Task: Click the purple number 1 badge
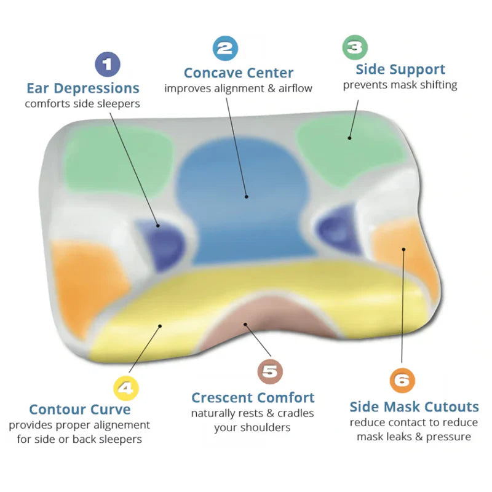click(x=108, y=65)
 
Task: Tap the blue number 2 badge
click(x=225, y=49)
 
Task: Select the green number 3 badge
click(x=355, y=47)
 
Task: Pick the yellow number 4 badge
click(x=126, y=389)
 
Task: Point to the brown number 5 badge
click(x=270, y=371)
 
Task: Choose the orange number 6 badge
click(x=402, y=380)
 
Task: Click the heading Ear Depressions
click(x=83, y=89)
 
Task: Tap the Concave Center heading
click(x=239, y=73)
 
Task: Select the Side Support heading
click(x=400, y=69)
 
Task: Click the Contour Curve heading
click(x=80, y=410)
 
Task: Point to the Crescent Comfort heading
click(x=253, y=398)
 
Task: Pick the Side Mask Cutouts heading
click(x=414, y=407)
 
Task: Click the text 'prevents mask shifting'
click(x=400, y=85)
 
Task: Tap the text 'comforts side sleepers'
click(x=82, y=104)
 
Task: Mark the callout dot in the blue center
click(x=247, y=197)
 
